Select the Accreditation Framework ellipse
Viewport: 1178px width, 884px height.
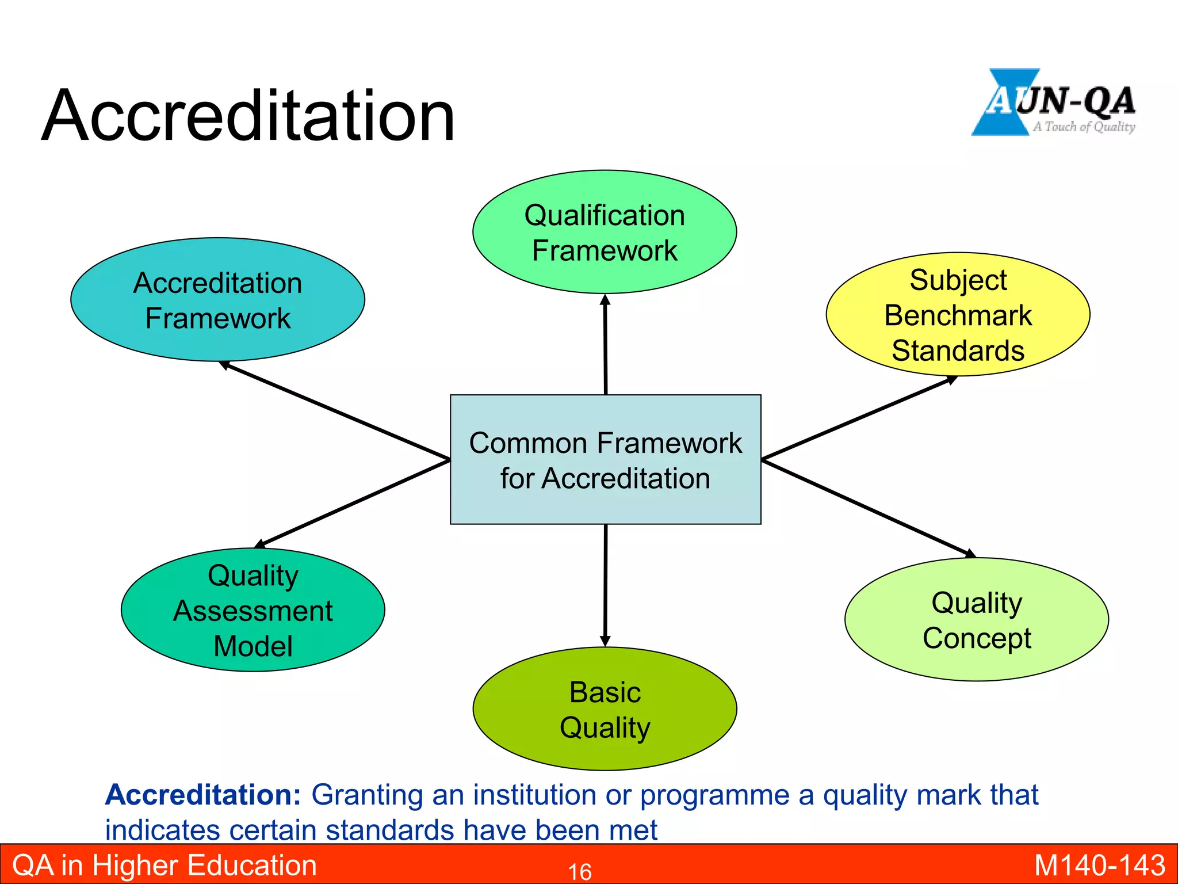[217, 300]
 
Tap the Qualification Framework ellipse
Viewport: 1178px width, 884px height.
[605, 232]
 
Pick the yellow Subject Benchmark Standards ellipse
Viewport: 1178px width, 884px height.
[958, 314]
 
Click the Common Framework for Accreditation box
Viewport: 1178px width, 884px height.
[605, 460]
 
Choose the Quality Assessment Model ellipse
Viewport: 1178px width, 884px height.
[253, 610]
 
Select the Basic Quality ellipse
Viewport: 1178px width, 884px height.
[605, 709]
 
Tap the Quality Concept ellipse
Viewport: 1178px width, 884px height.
[976, 620]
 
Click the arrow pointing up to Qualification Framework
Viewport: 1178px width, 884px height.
[605, 345]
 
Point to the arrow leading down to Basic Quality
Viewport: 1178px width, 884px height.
[605, 584]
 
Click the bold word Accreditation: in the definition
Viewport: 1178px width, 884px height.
[203, 795]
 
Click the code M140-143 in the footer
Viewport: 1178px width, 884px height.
[1099, 866]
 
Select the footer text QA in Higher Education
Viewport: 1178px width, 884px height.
[165, 866]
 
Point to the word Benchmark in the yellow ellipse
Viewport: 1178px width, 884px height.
[958, 315]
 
